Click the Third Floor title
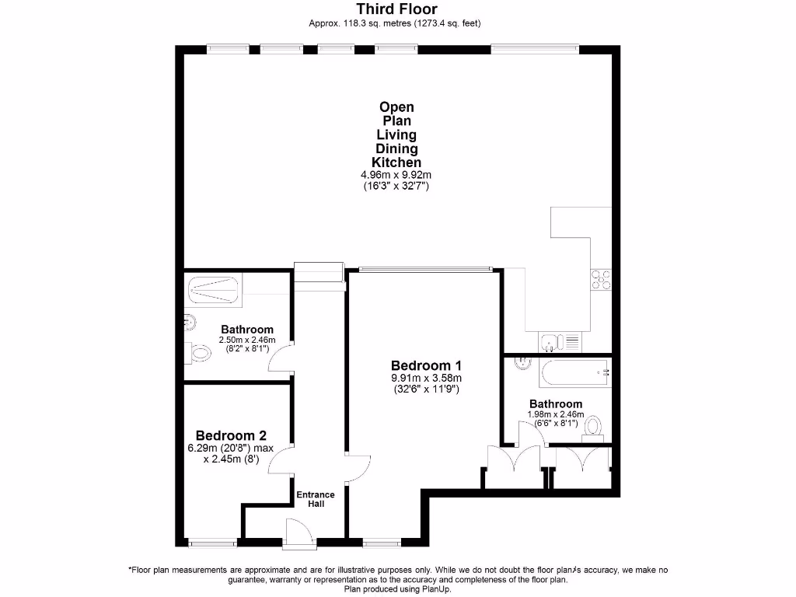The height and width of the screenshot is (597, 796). [x=397, y=9]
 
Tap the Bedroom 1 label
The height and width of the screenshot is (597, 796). [x=426, y=365]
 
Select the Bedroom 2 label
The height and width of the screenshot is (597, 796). [x=231, y=435]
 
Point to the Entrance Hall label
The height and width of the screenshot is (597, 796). [x=316, y=499]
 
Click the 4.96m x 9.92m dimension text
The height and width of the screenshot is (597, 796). [x=396, y=176]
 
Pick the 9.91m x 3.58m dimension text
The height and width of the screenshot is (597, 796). [x=426, y=379]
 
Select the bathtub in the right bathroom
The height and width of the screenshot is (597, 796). [x=575, y=374]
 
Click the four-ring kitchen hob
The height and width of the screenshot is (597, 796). [x=601, y=279]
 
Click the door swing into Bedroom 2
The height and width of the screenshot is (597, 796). [x=281, y=460]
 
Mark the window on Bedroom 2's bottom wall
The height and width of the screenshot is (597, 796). [x=212, y=542]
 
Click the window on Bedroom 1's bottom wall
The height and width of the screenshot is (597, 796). [x=381, y=542]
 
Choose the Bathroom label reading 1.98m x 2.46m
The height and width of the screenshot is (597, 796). [x=556, y=404]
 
